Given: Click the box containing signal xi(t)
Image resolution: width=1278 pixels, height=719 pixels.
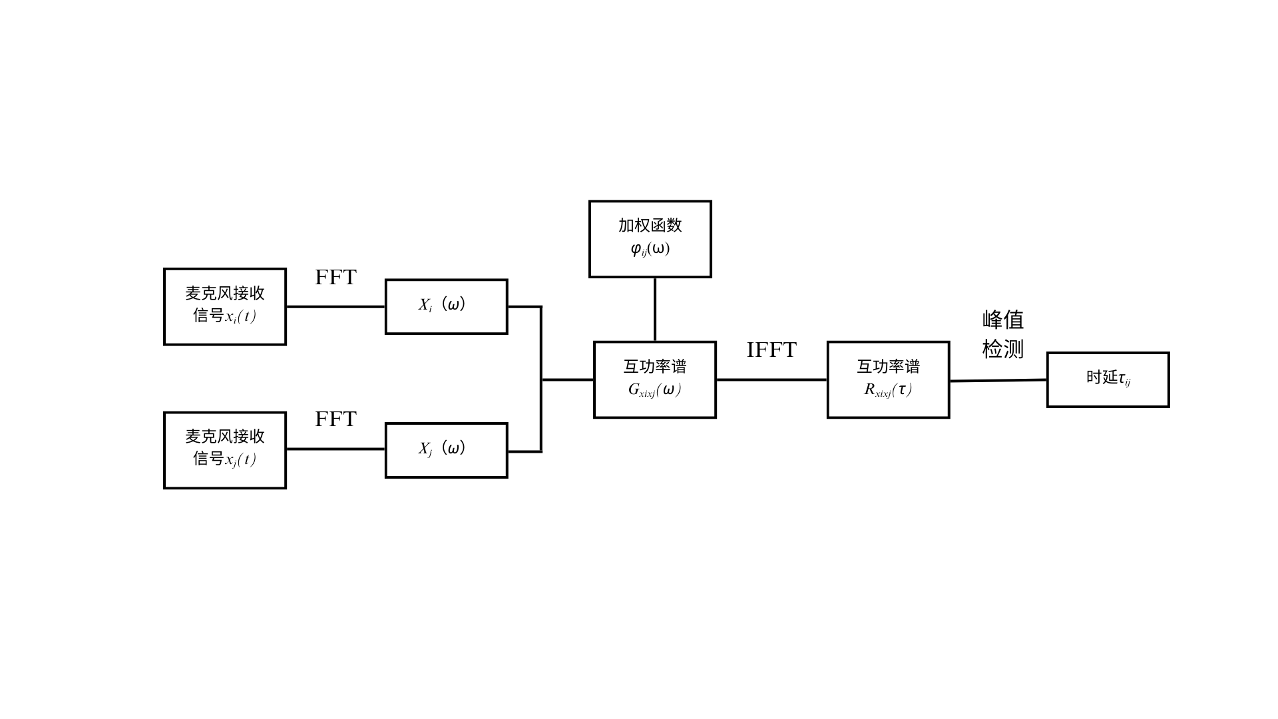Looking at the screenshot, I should point(225,307).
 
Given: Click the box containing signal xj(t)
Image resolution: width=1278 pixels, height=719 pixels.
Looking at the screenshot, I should point(225,450).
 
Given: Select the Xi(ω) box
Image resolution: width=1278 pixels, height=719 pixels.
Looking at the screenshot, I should point(446,306).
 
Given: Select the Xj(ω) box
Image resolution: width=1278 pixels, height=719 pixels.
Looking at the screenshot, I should point(446,450).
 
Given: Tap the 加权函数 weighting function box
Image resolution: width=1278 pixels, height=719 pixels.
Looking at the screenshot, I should point(650,238).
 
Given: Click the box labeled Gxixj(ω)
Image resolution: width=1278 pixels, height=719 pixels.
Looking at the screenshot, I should point(654,379).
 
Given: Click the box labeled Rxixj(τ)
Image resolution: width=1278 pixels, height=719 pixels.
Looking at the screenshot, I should point(888,379).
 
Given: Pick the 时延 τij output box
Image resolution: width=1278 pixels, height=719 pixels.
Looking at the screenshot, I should point(1108,379).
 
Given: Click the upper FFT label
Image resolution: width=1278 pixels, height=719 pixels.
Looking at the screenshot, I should point(335,277).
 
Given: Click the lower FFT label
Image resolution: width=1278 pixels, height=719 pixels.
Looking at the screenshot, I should point(335,419).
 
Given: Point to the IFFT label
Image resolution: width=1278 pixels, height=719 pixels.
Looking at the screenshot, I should point(771,350).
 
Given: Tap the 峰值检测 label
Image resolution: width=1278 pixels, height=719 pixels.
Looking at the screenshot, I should point(1002,334).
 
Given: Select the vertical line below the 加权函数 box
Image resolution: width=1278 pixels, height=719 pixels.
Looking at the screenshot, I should point(654,309).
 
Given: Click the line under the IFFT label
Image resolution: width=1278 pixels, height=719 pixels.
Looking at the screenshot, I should point(771,379).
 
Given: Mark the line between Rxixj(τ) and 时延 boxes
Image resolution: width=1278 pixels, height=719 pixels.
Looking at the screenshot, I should point(998,380).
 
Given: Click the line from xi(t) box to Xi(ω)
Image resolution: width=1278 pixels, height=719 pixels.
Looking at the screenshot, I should point(335,306).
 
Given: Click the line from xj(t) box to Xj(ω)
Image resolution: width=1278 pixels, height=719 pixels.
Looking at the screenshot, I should point(335,449).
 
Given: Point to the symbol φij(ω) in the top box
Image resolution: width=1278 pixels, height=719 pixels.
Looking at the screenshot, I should point(650,249).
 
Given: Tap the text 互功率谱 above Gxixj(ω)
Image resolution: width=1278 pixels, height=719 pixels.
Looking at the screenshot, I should point(654,366).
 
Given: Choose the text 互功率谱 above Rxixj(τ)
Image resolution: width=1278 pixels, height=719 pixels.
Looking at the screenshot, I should point(888,366).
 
